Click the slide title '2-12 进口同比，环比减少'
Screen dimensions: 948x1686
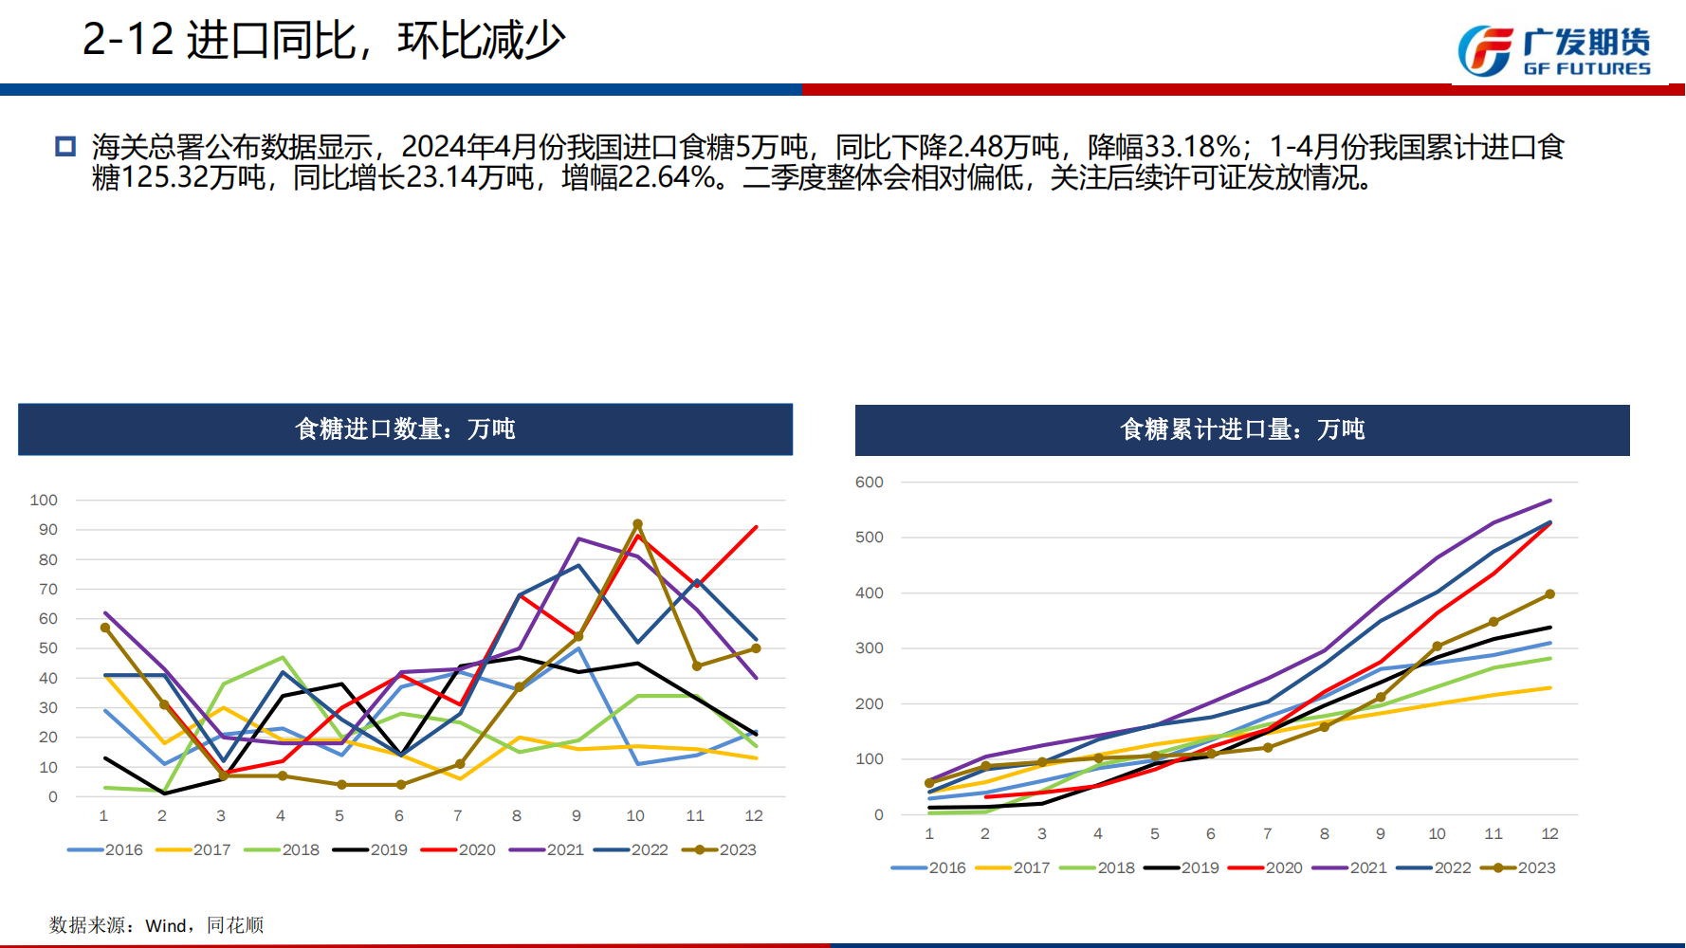coord(323,41)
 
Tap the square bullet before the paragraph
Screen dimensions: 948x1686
coord(65,147)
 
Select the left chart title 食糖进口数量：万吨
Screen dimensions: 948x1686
coord(405,429)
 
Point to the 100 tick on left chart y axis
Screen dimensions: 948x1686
coord(44,501)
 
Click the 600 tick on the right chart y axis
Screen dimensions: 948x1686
coord(869,483)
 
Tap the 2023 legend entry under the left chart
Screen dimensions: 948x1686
coord(720,850)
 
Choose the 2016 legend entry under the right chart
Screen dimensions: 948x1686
coord(928,868)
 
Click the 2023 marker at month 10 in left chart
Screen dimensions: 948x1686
coord(637,524)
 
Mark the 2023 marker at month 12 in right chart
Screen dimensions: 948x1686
coord(1549,594)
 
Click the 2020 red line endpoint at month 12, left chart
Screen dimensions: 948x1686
coord(756,527)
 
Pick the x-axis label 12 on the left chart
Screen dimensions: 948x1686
coord(754,816)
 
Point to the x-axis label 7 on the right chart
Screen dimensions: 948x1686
coord(1267,834)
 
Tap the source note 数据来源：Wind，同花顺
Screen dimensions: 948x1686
coord(156,925)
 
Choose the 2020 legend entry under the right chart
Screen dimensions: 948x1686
coord(1265,868)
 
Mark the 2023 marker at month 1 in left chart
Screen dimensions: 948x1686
coord(105,628)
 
